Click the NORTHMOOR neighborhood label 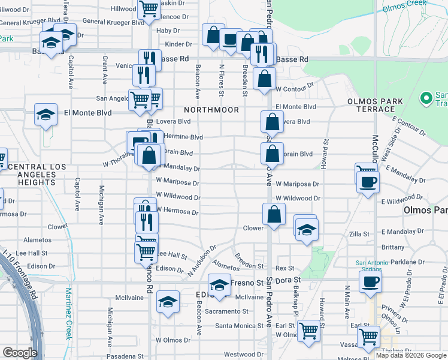point(211,110)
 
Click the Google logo point(20,353)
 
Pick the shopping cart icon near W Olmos point(308,330)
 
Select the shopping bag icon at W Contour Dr point(264,79)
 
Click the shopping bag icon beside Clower point(274,214)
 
